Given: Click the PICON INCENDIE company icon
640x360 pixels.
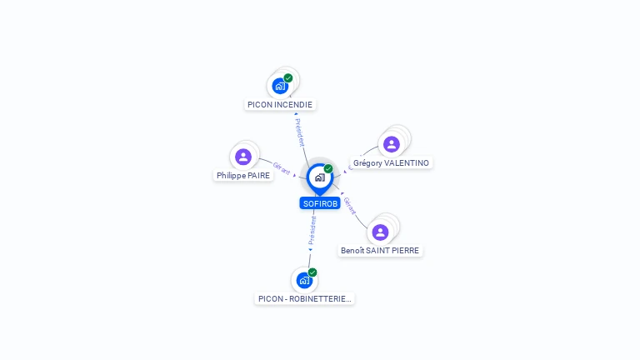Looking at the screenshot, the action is click(280, 86).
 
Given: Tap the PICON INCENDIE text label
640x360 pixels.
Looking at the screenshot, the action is click(280, 105).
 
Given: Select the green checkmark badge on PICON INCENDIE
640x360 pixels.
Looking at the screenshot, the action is click(288, 78).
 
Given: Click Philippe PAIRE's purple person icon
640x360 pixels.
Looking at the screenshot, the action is click(243, 157).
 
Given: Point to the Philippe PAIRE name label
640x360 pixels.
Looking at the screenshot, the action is click(243, 176).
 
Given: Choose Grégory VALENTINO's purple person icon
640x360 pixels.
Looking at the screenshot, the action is click(392, 144).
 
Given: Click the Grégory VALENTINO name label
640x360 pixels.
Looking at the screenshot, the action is click(391, 162).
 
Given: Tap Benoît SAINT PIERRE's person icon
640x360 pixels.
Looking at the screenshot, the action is click(380, 232).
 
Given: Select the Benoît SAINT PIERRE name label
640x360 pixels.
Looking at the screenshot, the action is click(380, 251).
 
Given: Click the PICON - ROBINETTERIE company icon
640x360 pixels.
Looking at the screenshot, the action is click(304, 280).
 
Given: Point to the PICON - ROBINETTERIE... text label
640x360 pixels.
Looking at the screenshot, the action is click(304, 299).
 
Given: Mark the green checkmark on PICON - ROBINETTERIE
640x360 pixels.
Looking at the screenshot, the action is click(312, 272).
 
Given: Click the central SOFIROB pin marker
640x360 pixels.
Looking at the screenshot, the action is click(320, 179).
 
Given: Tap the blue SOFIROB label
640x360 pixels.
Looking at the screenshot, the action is click(320, 203).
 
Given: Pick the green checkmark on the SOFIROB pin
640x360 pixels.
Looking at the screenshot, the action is click(328, 168).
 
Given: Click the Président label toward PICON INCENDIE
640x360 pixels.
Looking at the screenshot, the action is click(300, 132).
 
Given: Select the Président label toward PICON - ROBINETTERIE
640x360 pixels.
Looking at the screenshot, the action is click(312, 231).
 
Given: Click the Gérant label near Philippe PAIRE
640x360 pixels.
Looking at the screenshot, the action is click(281, 168).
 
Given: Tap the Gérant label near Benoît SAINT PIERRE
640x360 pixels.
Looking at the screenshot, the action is click(350, 206).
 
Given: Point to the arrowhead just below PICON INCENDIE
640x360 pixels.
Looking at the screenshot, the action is click(296, 114).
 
